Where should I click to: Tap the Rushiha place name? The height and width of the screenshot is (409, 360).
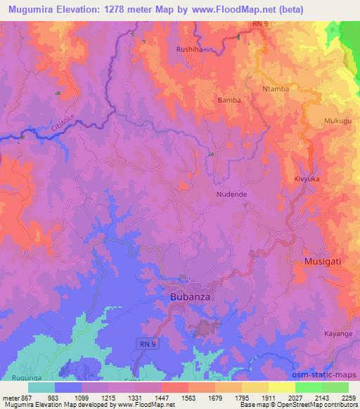190,50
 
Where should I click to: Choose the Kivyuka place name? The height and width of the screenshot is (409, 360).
307,179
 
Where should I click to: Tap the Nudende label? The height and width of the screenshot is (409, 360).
231,195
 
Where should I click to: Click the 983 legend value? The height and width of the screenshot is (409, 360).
53,397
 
